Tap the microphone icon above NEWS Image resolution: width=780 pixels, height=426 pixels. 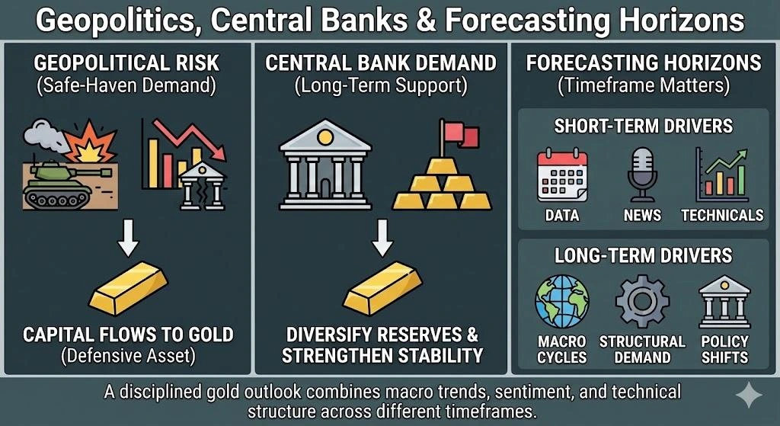642,175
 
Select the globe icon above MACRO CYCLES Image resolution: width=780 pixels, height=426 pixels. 561,301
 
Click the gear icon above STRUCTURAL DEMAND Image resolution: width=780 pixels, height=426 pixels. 642,301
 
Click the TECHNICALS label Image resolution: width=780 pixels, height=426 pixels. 722,215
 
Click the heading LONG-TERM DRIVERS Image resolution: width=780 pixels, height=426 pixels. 644,255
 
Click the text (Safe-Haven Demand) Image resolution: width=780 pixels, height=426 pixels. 126,85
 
